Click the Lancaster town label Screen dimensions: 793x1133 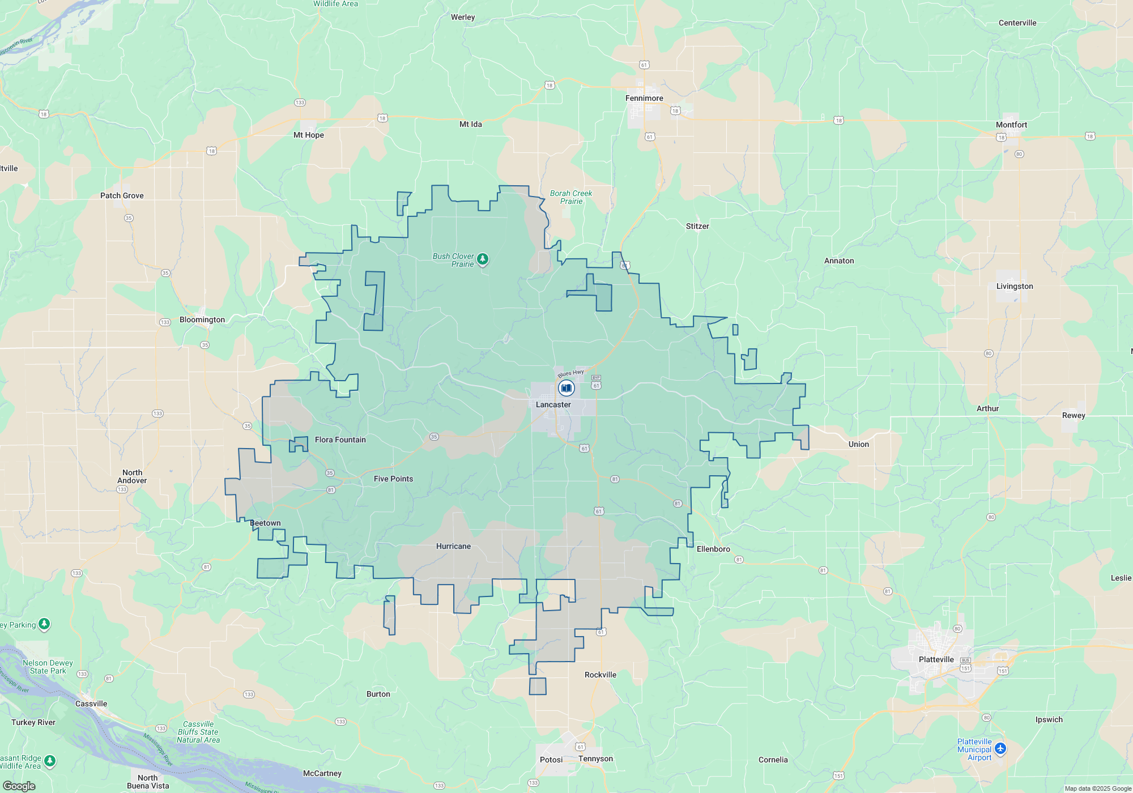[553, 404]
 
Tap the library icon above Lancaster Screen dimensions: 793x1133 [566, 388]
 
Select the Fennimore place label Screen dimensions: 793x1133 [644, 98]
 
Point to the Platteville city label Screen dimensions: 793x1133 [936, 659]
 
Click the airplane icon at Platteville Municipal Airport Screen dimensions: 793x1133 [1000, 749]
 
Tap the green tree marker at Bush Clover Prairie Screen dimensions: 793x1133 [483, 259]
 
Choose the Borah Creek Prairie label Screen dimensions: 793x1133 [571, 197]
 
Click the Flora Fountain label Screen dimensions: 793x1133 [340, 440]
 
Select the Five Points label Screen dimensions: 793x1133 [393, 479]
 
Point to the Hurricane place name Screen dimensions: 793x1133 [453, 546]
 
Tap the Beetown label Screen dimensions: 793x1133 [265, 523]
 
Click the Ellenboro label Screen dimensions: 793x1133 [713, 549]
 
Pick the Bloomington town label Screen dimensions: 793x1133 [202, 319]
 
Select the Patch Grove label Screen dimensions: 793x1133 [122, 195]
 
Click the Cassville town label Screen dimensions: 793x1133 [91, 704]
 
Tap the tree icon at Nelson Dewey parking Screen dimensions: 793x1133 [44, 624]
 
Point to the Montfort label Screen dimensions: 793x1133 [1011, 125]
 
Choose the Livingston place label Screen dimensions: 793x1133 [1015, 286]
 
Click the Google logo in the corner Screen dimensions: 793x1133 [19, 786]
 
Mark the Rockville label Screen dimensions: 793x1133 [600, 675]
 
